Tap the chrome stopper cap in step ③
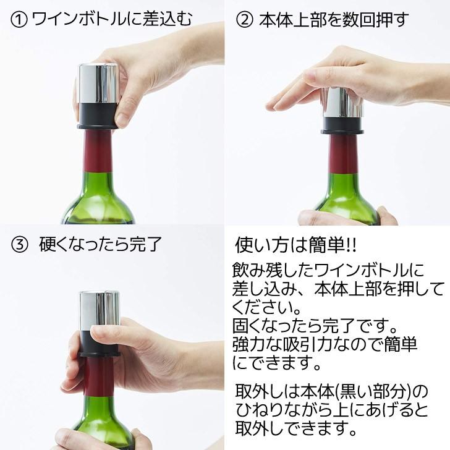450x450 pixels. tap(99, 312)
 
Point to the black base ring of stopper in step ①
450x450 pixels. tap(96, 117)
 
